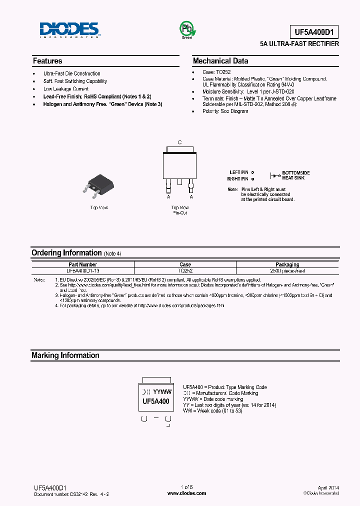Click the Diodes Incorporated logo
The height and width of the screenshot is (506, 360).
(x=70, y=30)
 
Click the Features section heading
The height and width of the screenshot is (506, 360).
(x=47, y=61)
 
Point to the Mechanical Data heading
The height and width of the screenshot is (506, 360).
(x=220, y=61)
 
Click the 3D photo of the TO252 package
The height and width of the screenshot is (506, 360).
(x=99, y=184)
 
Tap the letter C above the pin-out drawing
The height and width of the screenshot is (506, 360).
(x=180, y=142)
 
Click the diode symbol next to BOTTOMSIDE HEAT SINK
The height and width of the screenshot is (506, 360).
(x=275, y=175)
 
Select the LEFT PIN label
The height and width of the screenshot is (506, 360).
(x=238, y=172)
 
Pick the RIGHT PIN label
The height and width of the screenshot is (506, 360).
(x=237, y=178)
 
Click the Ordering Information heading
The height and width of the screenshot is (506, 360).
(x=66, y=253)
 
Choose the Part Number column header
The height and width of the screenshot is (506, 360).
(x=83, y=264)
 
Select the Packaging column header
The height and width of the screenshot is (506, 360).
(x=287, y=264)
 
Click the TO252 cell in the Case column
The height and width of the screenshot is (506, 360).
(x=185, y=270)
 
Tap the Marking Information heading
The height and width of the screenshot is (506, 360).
(x=65, y=355)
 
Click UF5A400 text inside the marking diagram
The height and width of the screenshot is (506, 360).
(x=155, y=401)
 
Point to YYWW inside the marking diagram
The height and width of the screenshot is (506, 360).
(x=162, y=392)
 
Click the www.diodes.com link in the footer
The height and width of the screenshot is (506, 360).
(x=186, y=493)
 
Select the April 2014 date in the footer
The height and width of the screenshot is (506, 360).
(x=328, y=487)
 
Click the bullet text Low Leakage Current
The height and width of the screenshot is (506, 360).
(x=66, y=89)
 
